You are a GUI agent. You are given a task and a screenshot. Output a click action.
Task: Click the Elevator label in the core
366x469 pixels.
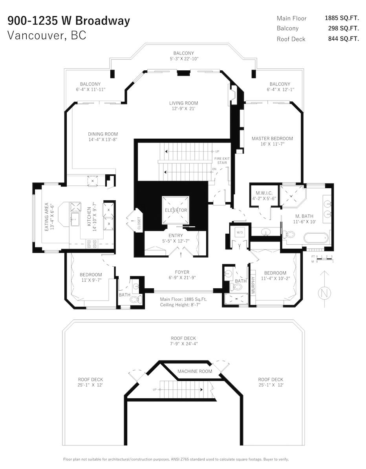click(x=176, y=210)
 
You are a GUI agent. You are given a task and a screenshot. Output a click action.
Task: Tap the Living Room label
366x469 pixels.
click(x=184, y=103)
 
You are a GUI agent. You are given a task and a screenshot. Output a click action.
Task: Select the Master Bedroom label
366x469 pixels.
click(x=272, y=139)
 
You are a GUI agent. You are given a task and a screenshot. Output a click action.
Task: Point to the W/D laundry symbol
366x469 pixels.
click(x=240, y=233)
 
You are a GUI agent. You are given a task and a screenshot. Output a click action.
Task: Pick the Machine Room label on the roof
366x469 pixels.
click(x=195, y=371)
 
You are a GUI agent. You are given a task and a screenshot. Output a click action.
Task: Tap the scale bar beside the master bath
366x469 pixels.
click(x=325, y=260)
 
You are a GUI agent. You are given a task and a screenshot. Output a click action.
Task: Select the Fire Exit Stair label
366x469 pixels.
click(x=222, y=161)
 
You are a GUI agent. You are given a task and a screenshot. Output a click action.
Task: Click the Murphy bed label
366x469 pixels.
click(x=253, y=285)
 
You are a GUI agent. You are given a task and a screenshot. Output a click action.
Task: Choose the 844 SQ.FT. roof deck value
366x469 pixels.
click(x=344, y=39)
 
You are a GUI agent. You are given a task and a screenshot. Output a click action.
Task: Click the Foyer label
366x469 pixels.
click(x=182, y=272)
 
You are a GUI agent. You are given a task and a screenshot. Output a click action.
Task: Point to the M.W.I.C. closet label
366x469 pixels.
click(x=264, y=193)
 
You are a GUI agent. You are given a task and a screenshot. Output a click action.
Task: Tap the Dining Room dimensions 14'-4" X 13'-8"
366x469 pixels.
click(x=103, y=139)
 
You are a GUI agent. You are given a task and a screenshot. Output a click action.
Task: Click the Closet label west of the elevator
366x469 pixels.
click(x=139, y=223)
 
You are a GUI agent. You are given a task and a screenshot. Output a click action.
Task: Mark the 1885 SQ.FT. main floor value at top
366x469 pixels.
click(x=342, y=18)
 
